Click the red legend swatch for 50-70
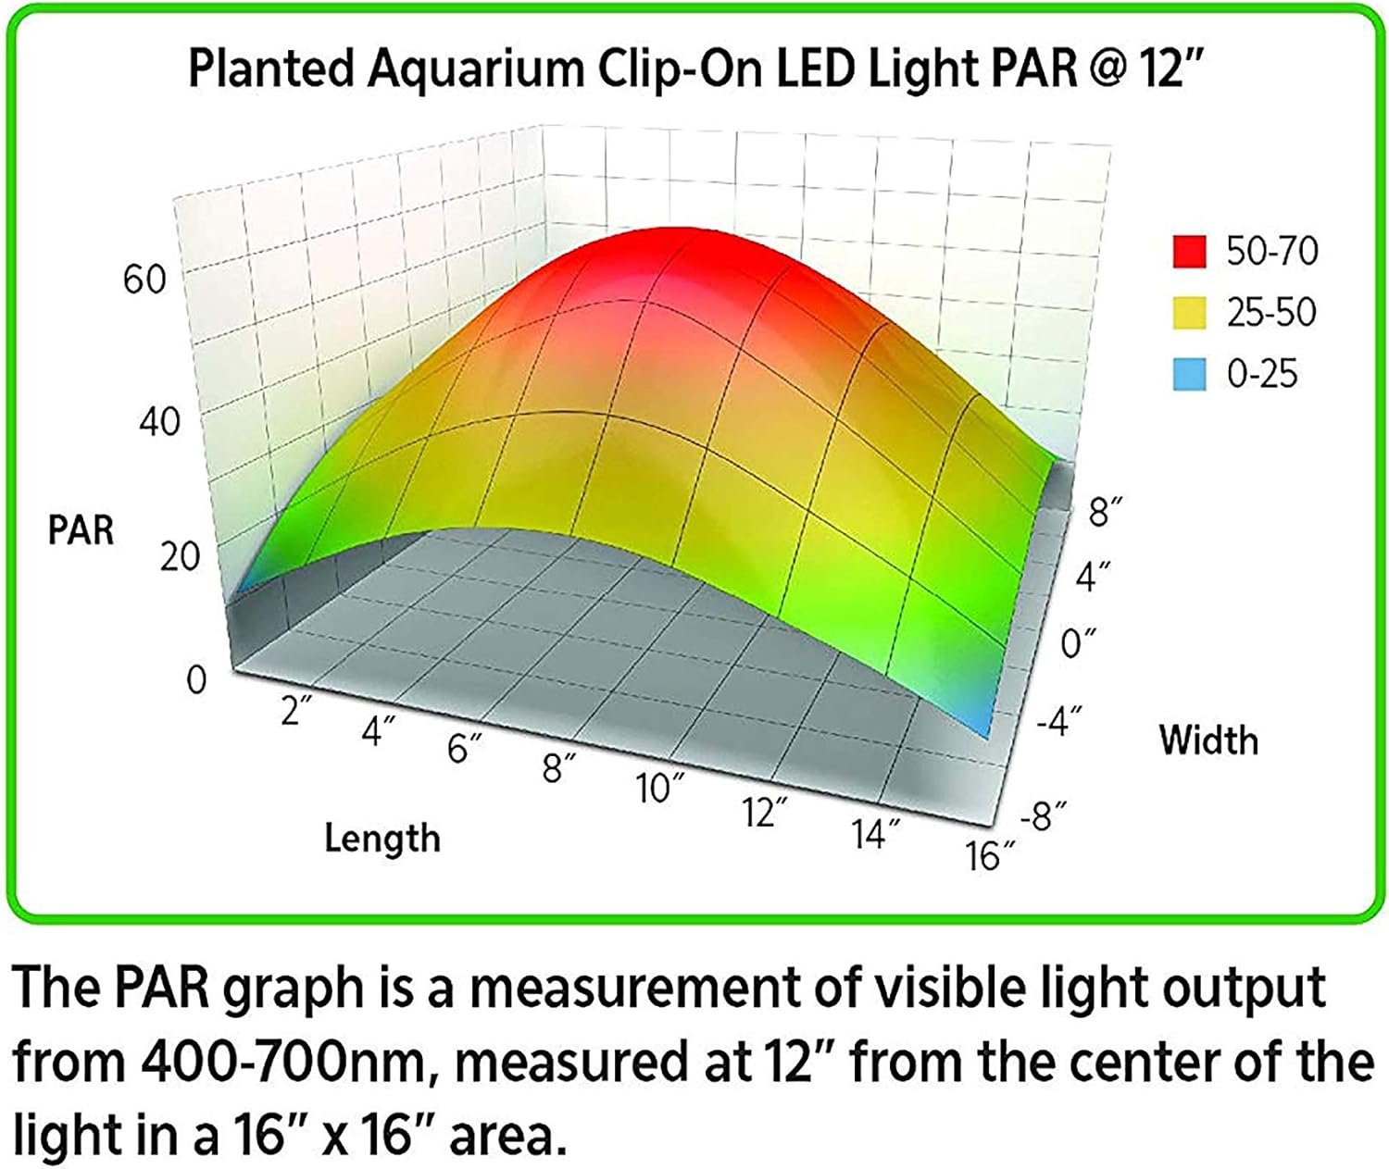(x=1189, y=252)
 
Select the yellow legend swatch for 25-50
(x=1189, y=313)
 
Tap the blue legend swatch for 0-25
(x=1189, y=375)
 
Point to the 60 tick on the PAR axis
(x=144, y=279)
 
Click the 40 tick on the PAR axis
(x=158, y=422)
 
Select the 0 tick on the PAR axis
(x=196, y=680)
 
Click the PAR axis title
(x=81, y=530)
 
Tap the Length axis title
(x=382, y=839)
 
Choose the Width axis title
(x=1208, y=740)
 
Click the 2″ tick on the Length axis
(x=296, y=711)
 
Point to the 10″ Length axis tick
(x=660, y=789)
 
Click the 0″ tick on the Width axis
(x=1078, y=641)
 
